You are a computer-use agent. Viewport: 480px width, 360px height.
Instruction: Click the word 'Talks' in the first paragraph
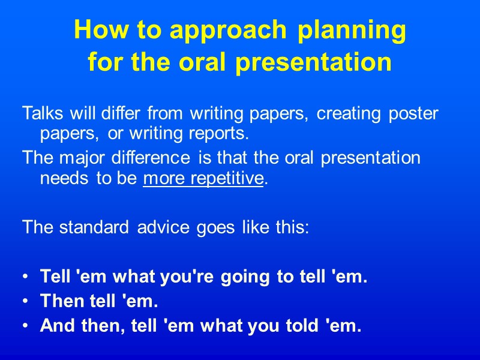pos(40,113)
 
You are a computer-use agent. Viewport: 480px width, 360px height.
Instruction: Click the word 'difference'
pos(157,158)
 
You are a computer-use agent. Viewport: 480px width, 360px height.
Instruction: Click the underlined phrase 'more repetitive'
pos(203,178)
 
